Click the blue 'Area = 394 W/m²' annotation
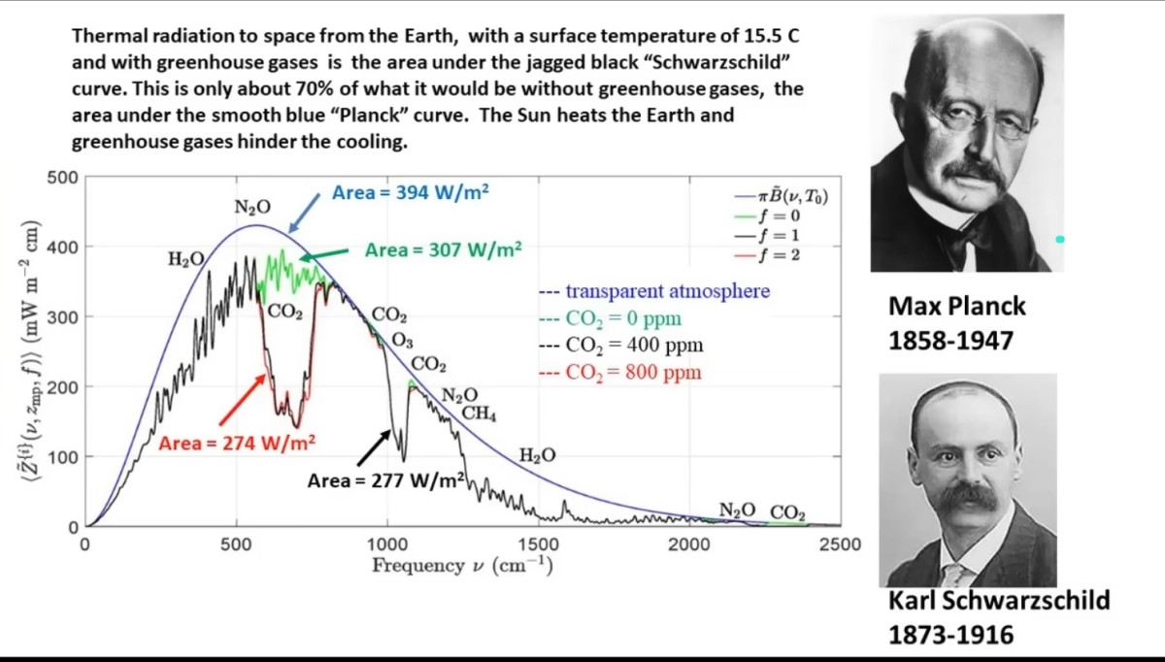pos(411,192)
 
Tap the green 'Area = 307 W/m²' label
pos(443,250)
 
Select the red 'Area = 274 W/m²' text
pos(237,443)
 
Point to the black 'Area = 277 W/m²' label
pos(385,480)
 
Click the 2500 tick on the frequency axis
pos(840,545)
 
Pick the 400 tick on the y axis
pos(62,247)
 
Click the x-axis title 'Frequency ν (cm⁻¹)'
pos(462,566)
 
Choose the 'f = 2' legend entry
pos(768,255)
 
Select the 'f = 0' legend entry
pos(768,215)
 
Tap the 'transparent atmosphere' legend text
pos(668,291)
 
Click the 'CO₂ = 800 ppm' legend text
pos(633,373)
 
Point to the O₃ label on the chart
pos(402,341)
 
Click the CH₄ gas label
pos(479,414)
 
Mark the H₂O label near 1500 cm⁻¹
pos(537,456)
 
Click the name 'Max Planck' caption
pos(957,307)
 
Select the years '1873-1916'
pos(951,635)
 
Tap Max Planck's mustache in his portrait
pos(974,172)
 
